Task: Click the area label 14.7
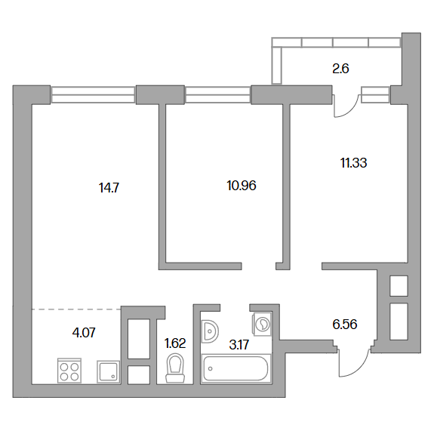coord(109,188)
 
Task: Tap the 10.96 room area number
coord(242,186)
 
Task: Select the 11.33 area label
coord(353,163)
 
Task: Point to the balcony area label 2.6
coord(340,69)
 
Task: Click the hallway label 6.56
coord(345,325)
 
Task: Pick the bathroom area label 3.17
coord(239,345)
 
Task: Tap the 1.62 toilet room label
coord(175,343)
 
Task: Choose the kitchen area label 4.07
coord(84,333)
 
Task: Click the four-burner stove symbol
coord(69,371)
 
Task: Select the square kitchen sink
coord(109,372)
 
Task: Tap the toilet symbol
coord(175,368)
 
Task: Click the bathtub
coord(236,368)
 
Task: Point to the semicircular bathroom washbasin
coord(210,331)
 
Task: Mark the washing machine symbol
coord(262,324)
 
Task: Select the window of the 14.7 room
coord(93,94)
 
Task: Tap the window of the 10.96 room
coord(218,94)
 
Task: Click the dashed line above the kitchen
coord(76,309)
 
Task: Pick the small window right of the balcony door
coord(375,94)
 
